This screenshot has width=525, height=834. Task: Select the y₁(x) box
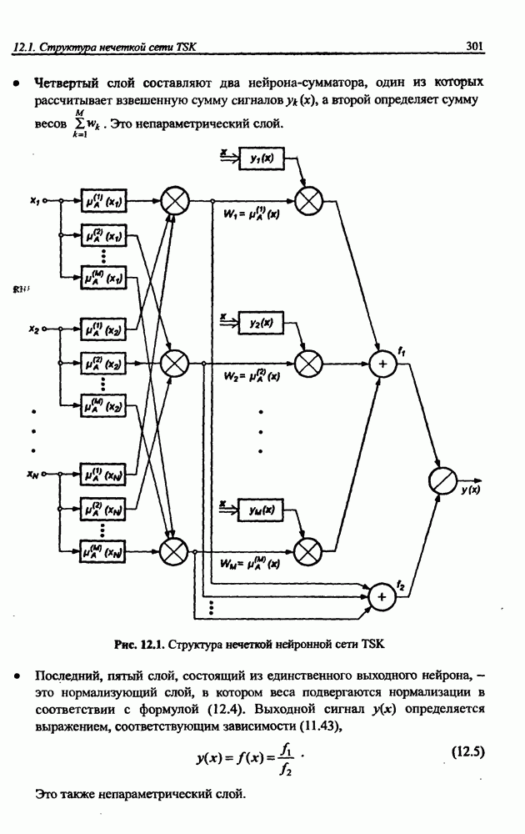tap(261, 158)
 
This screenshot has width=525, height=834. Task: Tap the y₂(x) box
tap(261, 323)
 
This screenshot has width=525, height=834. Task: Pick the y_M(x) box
tap(261, 509)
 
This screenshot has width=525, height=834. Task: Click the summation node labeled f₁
tap(384, 364)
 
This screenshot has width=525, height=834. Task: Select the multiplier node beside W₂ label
tap(308, 364)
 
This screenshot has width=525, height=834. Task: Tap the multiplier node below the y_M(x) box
tap(308, 550)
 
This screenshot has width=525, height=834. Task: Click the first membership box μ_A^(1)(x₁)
tap(103, 201)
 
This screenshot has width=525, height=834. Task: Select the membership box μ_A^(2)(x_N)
tap(103, 510)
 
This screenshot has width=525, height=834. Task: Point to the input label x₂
tap(33, 329)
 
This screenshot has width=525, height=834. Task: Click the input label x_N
tap(33, 475)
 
